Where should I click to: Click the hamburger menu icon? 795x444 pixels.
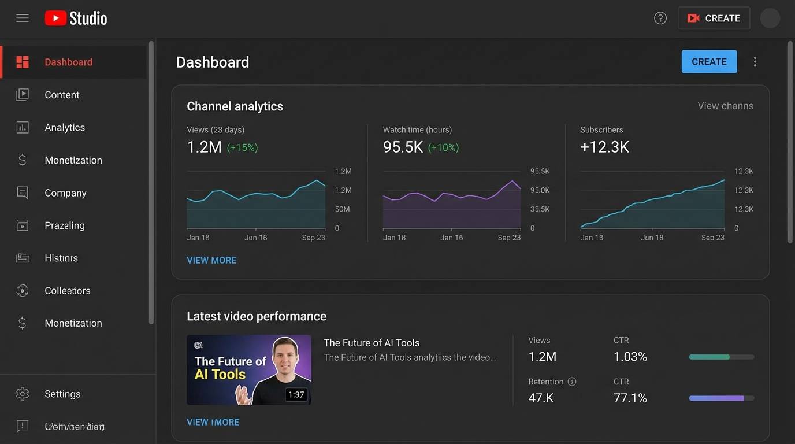click(23, 18)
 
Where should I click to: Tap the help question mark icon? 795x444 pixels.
click(660, 18)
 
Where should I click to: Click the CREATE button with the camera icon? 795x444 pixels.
click(714, 18)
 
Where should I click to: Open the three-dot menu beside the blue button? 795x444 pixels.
click(755, 62)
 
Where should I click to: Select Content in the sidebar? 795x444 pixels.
click(62, 95)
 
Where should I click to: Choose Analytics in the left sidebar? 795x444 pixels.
click(64, 128)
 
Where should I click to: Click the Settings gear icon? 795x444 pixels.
click(23, 394)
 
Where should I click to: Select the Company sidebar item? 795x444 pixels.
click(65, 193)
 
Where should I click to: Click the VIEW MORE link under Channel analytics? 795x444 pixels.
click(211, 260)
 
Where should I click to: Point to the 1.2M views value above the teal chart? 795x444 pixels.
click(204, 147)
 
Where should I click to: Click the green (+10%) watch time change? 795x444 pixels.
click(443, 147)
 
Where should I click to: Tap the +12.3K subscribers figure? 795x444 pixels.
click(604, 147)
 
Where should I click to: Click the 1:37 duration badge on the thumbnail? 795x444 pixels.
click(296, 394)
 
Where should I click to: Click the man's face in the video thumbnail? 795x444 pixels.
click(284, 358)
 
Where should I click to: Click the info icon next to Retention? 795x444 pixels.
click(572, 382)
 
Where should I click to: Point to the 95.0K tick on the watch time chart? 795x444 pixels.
click(540, 190)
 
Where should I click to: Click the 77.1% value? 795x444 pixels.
click(630, 398)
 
